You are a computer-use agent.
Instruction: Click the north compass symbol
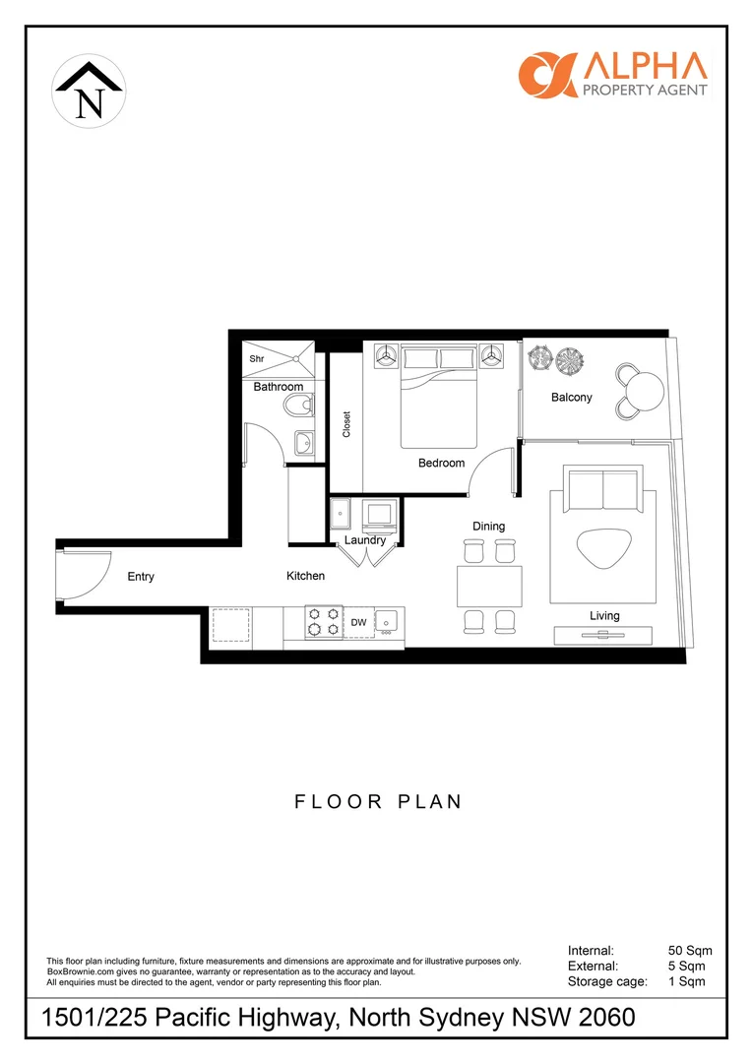click(89, 93)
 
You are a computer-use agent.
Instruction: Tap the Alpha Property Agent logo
click(612, 74)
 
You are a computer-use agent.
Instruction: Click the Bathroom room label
click(279, 387)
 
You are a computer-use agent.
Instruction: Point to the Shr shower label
click(257, 359)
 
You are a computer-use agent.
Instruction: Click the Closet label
click(346, 424)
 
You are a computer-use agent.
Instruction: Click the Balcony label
click(572, 398)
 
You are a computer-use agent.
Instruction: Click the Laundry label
click(364, 540)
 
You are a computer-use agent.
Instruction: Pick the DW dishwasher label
click(358, 622)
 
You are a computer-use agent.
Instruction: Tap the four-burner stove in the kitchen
click(323, 621)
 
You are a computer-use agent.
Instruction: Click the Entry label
click(141, 577)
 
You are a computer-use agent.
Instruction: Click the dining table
click(489, 586)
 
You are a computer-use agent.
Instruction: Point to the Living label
click(604, 615)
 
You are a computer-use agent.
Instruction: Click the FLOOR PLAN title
click(378, 801)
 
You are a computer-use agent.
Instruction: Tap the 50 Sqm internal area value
click(689, 951)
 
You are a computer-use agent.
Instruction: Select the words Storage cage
click(607, 981)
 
